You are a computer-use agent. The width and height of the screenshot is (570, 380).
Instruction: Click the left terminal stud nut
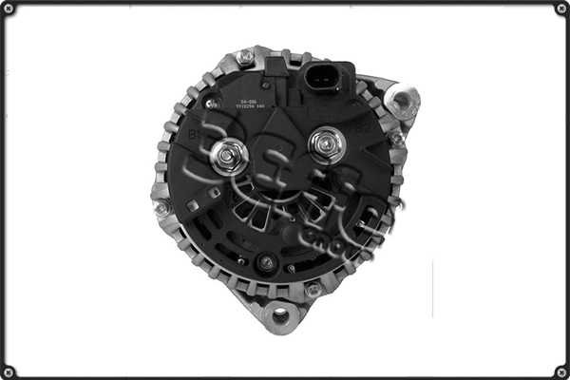[229, 156]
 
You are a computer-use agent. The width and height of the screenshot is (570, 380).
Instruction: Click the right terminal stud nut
[327, 143]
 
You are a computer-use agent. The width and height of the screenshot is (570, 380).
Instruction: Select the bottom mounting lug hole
[282, 313]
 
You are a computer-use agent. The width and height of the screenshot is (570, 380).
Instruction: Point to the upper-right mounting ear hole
[404, 99]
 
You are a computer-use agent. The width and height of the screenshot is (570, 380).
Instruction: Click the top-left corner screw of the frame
[9, 9]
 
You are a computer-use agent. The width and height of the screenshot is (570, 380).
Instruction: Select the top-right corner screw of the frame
[560, 9]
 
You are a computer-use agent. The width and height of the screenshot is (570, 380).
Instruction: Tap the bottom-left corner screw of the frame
[9, 370]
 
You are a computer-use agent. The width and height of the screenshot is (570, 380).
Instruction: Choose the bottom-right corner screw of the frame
[560, 370]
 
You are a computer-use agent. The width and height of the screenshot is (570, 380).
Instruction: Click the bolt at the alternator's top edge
[246, 57]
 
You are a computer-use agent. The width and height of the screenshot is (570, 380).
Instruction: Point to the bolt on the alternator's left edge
[162, 206]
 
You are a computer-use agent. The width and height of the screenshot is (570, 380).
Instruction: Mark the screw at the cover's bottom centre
[268, 262]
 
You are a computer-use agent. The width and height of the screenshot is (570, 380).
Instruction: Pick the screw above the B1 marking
[213, 103]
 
